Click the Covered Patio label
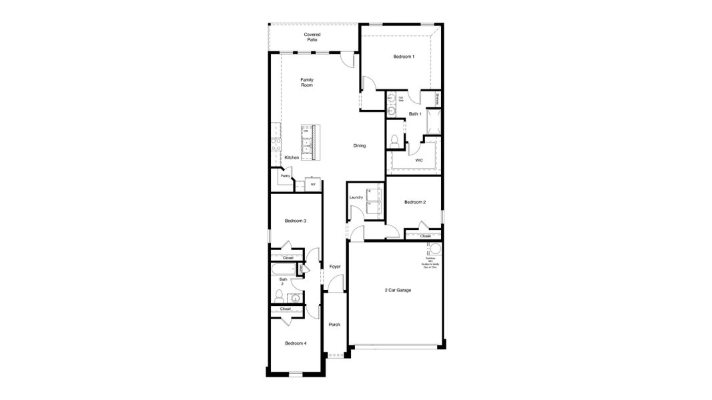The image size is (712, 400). click(x=312, y=37)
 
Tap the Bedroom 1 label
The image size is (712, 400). click(x=403, y=57)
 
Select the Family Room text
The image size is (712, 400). click(x=306, y=83)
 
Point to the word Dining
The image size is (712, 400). click(x=359, y=145)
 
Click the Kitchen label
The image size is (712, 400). click(x=292, y=157)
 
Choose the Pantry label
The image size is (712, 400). click(x=285, y=176)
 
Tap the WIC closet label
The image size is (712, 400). click(x=418, y=160)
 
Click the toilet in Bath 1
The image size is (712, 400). click(x=394, y=140)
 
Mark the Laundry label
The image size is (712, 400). click(x=356, y=197)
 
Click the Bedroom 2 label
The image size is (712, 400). click(x=414, y=202)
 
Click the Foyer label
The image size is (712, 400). click(x=334, y=267)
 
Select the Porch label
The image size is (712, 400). click(x=334, y=325)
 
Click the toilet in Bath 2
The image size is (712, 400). click(x=279, y=295)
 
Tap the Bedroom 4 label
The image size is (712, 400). click(x=296, y=343)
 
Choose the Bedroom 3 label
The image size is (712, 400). click(x=295, y=221)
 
